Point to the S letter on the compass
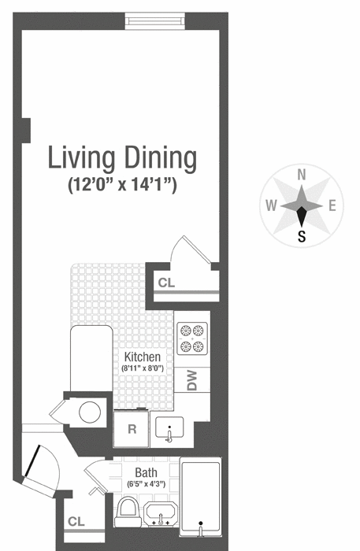click(x=301, y=235)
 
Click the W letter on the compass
click(x=271, y=206)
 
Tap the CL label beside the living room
click(x=166, y=283)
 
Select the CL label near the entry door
click(x=76, y=521)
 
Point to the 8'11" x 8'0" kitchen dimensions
click(x=141, y=368)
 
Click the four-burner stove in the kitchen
click(x=192, y=338)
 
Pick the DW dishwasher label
click(x=192, y=381)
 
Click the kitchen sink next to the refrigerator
click(x=171, y=430)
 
